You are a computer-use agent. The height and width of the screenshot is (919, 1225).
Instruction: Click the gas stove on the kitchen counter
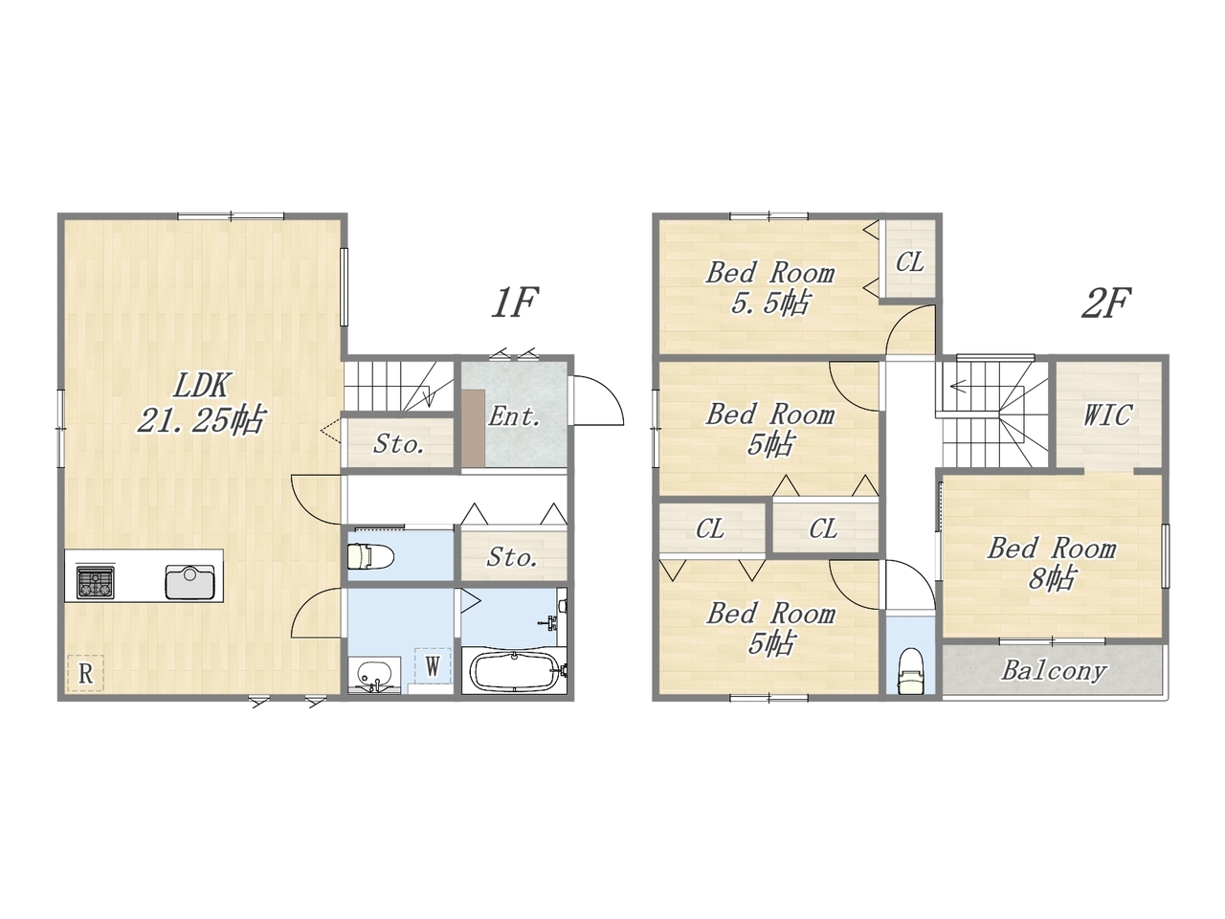pos(96,582)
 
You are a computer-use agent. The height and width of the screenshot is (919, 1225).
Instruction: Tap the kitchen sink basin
pos(189,583)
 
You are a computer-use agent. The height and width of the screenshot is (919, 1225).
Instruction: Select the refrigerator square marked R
pos(85,674)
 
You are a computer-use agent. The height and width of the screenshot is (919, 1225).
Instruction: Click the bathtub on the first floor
pos(514,672)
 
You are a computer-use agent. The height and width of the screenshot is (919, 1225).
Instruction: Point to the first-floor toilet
pos(370,556)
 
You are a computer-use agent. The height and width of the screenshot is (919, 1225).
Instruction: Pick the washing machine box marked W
pos(433,665)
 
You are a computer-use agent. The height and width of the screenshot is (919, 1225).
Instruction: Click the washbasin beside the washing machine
pos(374,675)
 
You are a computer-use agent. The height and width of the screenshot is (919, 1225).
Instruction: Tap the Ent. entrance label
pos(514,416)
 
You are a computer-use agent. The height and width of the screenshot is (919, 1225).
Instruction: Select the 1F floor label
pos(514,303)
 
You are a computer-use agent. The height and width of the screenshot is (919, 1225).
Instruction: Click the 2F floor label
pos(1105,303)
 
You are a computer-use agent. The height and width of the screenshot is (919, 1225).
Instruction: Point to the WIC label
pos(1107,415)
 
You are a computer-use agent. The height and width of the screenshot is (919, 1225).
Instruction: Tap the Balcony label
pos(1054,671)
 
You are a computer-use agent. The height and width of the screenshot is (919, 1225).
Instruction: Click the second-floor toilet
pos(910,671)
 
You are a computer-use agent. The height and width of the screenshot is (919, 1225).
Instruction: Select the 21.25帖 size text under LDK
pos(201,419)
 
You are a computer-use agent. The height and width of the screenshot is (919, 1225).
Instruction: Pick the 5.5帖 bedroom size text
pos(770,304)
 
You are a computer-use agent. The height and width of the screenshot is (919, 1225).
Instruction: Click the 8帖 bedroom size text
pos(1052,578)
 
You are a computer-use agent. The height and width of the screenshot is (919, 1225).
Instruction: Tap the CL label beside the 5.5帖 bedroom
pos(910,261)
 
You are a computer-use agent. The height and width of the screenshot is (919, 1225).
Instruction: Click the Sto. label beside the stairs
pos(398,444)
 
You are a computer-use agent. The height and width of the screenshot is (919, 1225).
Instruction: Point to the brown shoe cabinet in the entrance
pos(474,428)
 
